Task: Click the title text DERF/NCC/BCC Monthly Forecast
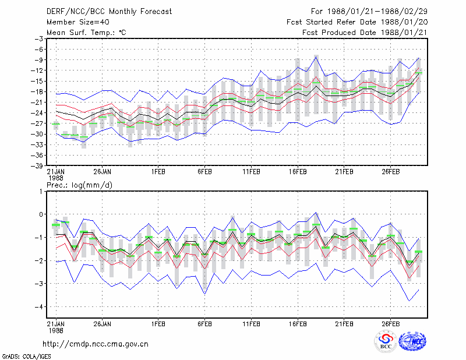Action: click(x=109, y=12)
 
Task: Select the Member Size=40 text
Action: click(x=78, y=22)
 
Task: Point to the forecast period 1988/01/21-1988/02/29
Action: click(x=377, y=11)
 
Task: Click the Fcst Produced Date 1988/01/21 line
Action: click(x=365, y=33)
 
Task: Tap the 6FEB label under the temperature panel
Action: click(x=205, y=172)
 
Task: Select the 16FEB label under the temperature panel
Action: click(x=298, y=172)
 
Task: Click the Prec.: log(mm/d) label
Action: click(x=79, y=185)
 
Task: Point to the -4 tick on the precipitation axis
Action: click(x=38, y=306)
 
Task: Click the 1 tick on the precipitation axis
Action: click(x=41, y=191)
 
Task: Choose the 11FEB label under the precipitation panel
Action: click(x=251, y=324)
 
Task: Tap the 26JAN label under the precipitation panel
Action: click(x=103, y=324)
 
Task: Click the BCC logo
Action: click(x=386, y=341)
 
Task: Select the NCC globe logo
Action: click(x=412, y=341)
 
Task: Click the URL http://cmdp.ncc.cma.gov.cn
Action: click(x=96, y=344)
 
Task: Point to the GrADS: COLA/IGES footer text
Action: click(x=27, y=357)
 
